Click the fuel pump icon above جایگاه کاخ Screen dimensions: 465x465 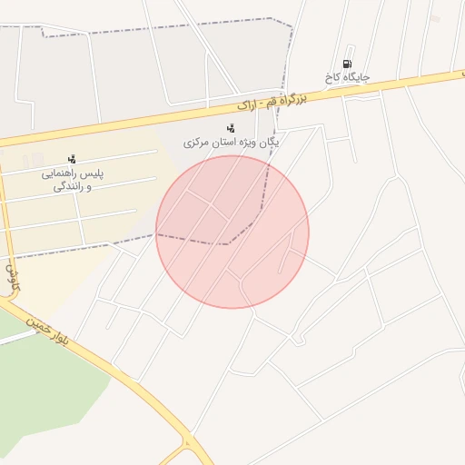346,64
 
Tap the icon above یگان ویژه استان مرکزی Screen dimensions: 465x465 230,129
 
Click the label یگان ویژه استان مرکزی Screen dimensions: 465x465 232,143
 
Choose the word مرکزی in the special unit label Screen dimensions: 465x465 198,143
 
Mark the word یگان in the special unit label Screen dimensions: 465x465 266,142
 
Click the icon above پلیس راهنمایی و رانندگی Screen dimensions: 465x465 72,159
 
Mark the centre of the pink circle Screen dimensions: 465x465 232,232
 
